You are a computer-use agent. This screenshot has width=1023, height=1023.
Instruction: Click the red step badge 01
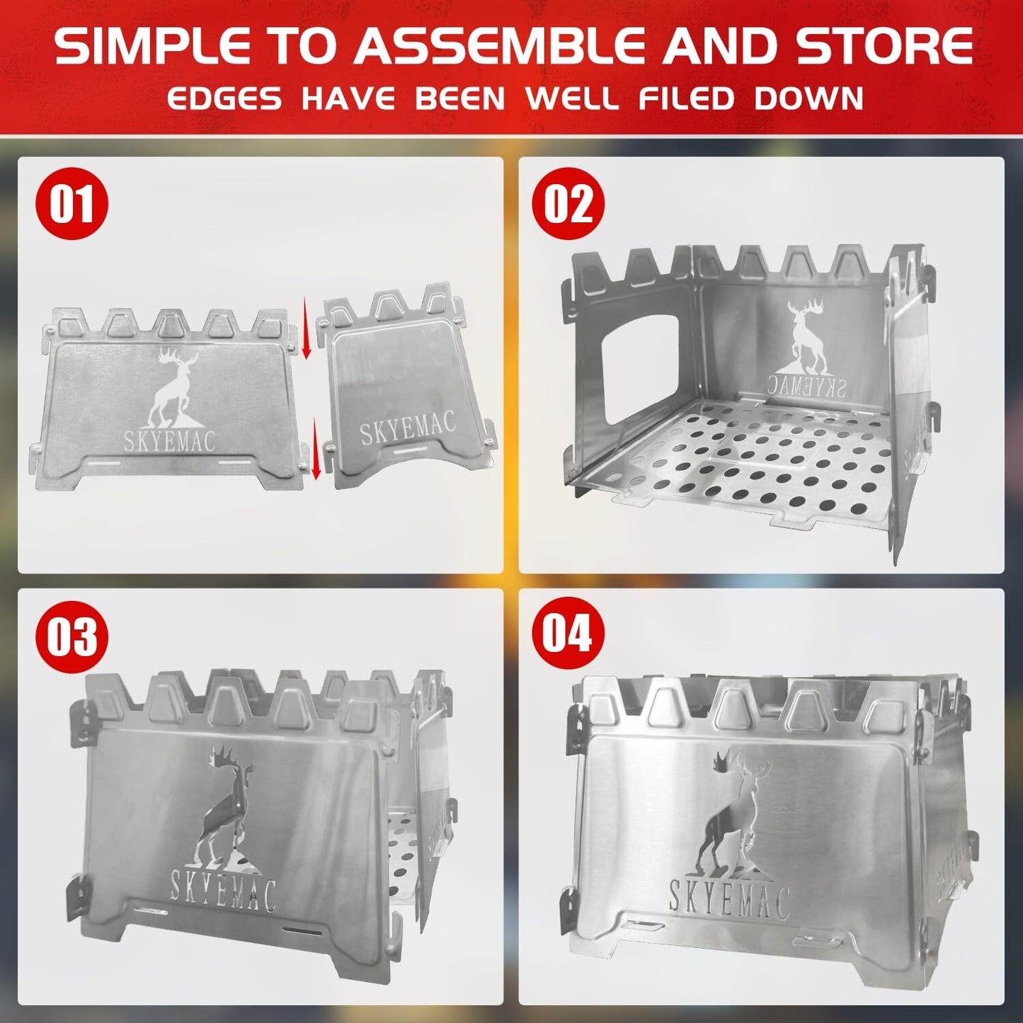(72, 204)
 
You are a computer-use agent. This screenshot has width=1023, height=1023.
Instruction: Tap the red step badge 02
(568, 204)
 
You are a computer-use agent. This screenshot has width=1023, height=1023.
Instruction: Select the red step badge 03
(72, 636)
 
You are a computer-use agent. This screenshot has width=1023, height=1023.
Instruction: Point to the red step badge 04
(568, 632)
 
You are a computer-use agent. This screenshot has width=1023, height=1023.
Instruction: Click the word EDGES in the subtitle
(224, 98)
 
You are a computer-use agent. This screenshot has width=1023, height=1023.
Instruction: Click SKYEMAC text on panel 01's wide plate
(170, 440)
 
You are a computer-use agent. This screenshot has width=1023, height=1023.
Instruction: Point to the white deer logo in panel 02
(808, 336)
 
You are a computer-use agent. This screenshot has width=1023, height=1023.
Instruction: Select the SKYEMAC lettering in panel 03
(222, 891)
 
